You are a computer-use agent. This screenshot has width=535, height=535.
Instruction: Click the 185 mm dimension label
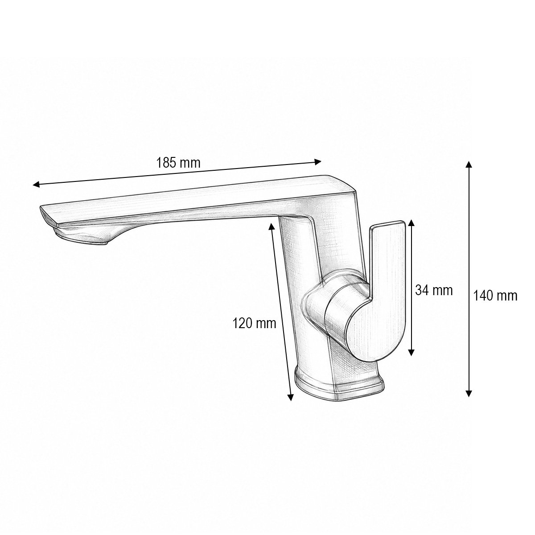tap(178, 163)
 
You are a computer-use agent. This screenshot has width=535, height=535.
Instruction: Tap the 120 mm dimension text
tap(254, 323)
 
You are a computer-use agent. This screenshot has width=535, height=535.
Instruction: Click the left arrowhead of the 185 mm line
tap(36, 184)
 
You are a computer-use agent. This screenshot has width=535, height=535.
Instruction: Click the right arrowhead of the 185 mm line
tap(318, 161)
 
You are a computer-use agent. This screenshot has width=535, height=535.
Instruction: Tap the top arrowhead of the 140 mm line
tap(469, 165)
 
